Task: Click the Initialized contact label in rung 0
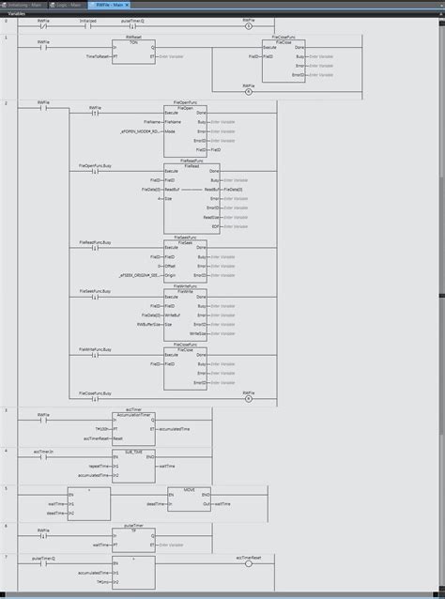pos(87,19)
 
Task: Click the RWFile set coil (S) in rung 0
pos(248,24)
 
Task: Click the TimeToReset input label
pos(97,57)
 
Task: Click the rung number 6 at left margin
pos(6,525)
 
